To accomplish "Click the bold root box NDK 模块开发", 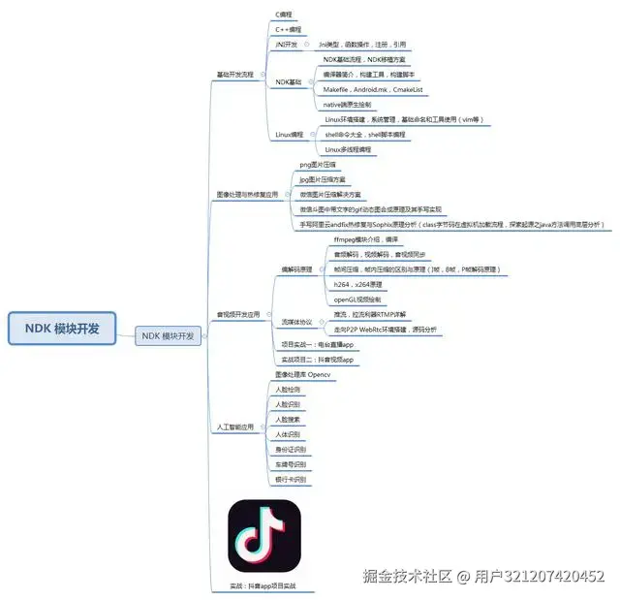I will [70, 328].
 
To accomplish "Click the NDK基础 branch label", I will [288, 82].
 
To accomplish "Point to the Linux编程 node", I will [290, 135].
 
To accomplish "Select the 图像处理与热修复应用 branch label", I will [246, 195].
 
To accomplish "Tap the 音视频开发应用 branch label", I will [237, 314].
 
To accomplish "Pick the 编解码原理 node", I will [296, 268].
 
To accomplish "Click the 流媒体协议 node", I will [296, 322].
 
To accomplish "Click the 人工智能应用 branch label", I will [233, 426].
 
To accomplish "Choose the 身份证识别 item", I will [290, 450].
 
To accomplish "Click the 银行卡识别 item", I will [290, 480].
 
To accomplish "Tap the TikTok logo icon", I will [263, 535].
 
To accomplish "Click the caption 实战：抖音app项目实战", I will [263, 586].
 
